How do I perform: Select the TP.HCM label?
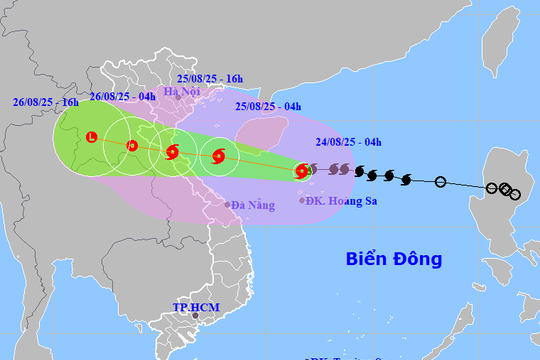(x=194, y=306)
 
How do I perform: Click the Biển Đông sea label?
(x=394, y=259)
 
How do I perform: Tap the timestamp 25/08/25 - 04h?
(x=267, y=106)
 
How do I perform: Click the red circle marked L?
(x=91, y=137)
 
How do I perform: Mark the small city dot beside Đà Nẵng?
(x=227, y=205)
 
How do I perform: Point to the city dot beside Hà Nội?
(x=178, y=98)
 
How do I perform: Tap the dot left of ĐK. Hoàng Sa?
(x=303, y=201)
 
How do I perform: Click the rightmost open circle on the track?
(x=515, y=194)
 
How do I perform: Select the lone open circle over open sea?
(x=441, y=182)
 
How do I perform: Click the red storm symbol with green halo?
(x=301, y=172)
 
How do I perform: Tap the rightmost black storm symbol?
(x=405, y=179)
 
